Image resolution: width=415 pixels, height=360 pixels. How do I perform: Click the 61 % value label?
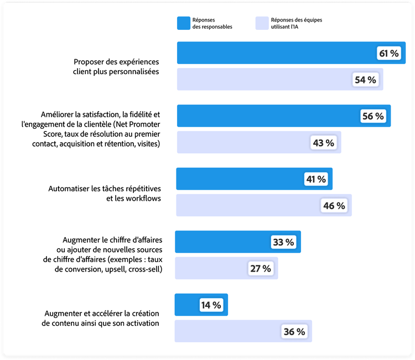coord(388,53)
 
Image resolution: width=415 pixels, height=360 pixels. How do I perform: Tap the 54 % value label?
coord(365,80)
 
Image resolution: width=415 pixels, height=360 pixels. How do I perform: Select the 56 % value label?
coord(373,116)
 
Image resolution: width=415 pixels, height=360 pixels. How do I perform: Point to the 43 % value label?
coord(324,143)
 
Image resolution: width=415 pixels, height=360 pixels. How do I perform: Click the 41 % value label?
coord(316,179)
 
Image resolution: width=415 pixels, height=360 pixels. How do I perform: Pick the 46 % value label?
coord(334,206)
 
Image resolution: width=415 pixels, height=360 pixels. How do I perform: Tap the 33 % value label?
coord(283,242)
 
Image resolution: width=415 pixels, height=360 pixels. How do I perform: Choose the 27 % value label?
coord(261,269)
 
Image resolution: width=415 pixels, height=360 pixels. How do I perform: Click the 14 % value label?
coord(211,305)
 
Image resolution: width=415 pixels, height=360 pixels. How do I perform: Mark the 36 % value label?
coord(294,332)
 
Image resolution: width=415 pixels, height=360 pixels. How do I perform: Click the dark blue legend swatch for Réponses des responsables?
coord(183,23)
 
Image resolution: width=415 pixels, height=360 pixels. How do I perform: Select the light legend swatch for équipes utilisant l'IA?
coord(262,23)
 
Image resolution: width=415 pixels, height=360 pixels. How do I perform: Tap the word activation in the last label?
coord(142,323)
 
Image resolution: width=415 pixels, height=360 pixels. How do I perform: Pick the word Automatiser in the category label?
coord(71,189)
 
